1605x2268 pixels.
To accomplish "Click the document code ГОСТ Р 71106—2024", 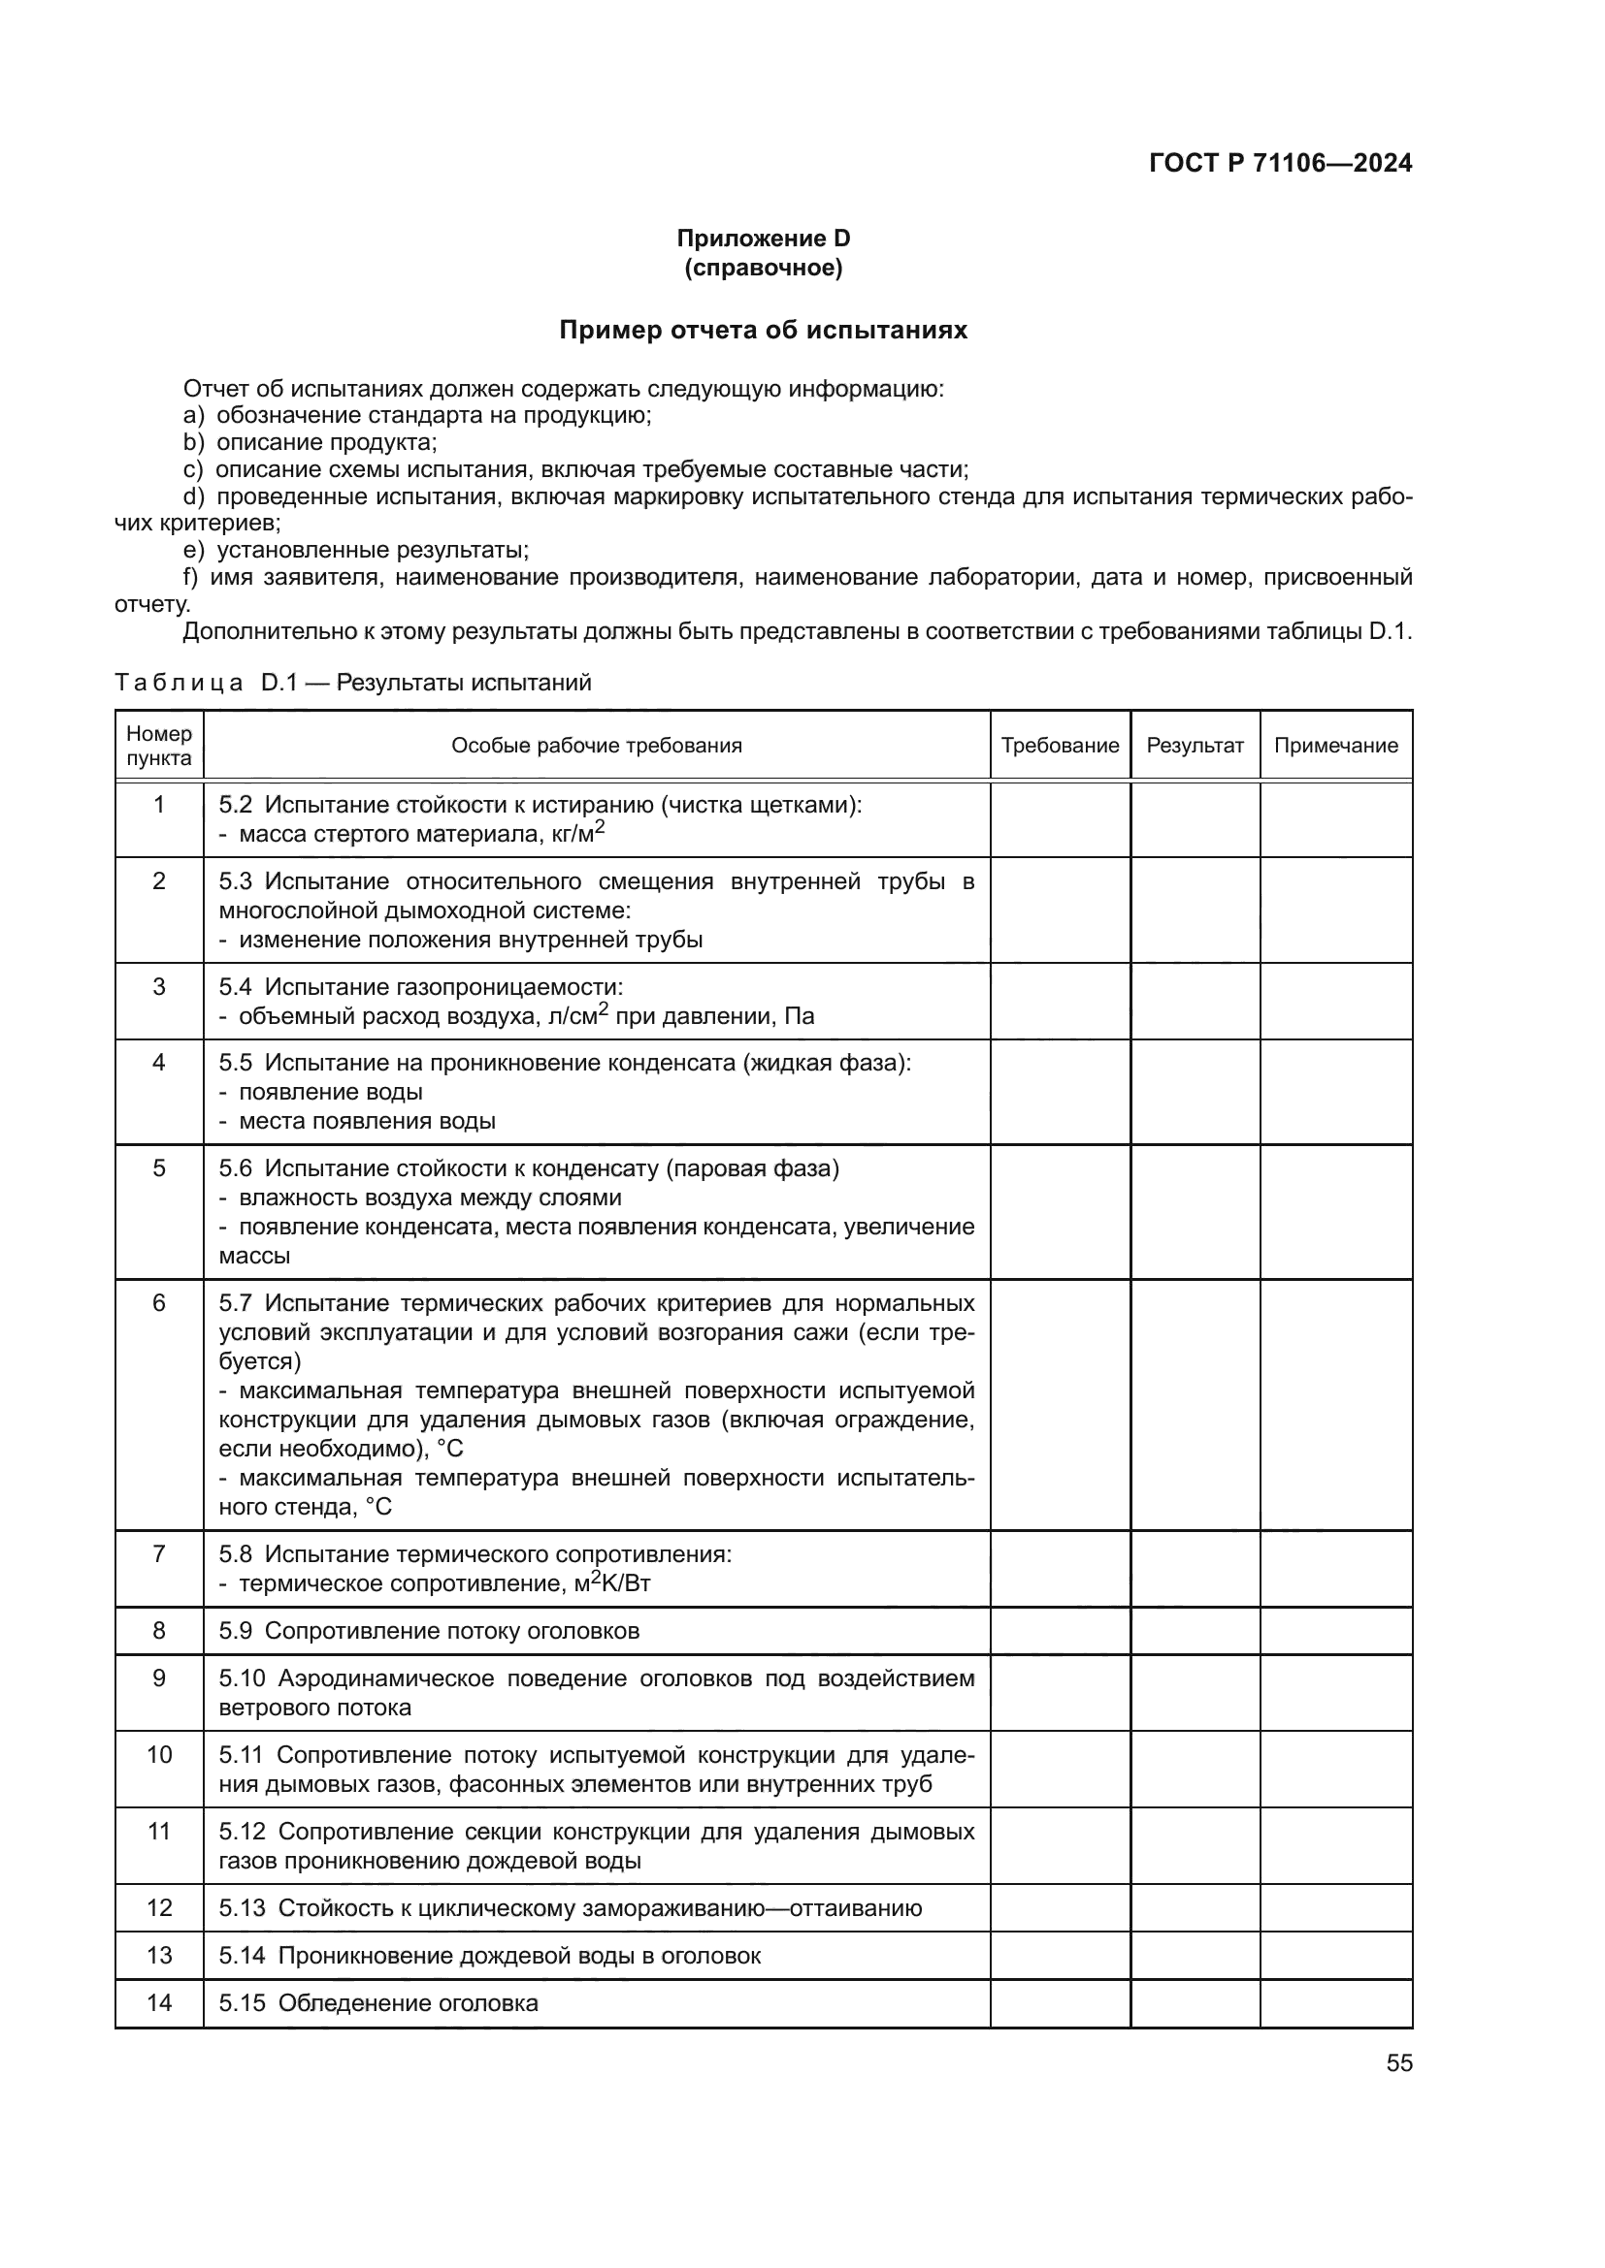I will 1280,163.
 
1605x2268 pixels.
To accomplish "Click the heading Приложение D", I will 763,239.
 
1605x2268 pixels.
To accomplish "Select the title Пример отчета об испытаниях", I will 763,330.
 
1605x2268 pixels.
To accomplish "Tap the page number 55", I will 1398,2062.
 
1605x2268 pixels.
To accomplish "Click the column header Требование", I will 1060,745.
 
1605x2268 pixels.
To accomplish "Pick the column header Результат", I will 1194,745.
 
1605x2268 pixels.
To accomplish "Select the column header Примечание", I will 1335,745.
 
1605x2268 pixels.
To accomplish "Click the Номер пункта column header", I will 159,746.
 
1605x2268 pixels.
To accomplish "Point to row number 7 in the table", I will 159,1553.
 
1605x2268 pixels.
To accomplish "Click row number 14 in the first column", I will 159,2002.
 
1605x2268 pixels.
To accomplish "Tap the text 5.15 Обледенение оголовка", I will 378,2002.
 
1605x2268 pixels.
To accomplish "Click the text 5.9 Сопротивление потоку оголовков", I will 429,1631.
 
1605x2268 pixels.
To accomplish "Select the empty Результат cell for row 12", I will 1194,1907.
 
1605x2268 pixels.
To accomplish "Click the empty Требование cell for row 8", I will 1060,1631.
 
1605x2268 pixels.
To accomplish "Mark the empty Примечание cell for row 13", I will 1335,1955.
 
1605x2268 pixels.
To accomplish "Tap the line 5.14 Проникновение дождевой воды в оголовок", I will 490,1955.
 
